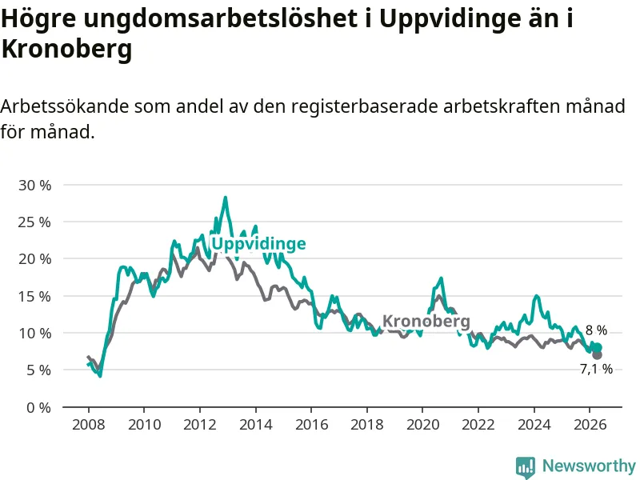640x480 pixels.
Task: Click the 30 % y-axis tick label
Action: click(x=34, y=186)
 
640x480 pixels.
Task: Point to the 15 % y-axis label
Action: click(x=34, y=296)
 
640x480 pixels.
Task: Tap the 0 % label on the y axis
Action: click(x=38, y=407)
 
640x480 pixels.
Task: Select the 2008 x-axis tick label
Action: click(x=88, y=425)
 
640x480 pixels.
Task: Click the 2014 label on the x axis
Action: click(x=255, y=425)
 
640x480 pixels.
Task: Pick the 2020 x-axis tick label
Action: click(x=422, y=425)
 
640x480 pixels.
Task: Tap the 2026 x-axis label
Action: click(x=590, y=425)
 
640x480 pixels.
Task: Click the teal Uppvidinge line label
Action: click(x=258, y=244)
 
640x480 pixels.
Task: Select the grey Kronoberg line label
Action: click(x=426, y=322)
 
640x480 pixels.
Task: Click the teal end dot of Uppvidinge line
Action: click(x=598, y=348)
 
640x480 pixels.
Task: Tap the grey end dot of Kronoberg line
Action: click(x=597, y=354)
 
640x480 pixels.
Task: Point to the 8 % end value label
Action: click(x=596, y=330)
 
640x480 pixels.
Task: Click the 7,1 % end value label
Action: click(x=596, y=369)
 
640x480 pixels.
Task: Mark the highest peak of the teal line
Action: click(x=225, y=198)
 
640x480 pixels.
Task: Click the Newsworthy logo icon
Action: click(x=526, y=467)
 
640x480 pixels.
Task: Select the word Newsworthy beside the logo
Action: click(x=589, y=466)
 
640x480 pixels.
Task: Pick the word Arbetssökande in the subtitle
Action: click(x=65, y=106)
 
